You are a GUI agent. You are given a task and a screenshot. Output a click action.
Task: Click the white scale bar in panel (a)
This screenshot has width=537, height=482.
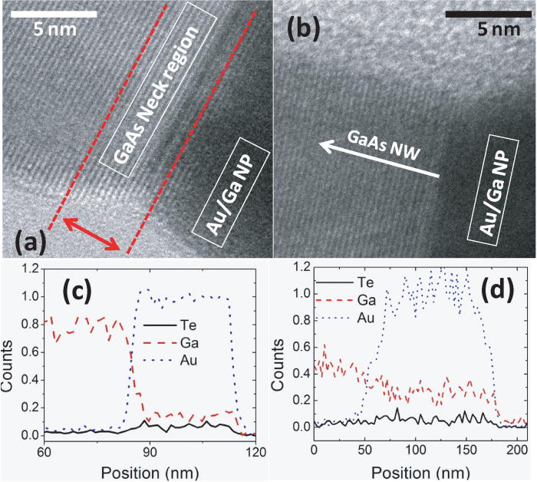[x=54, y=14]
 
